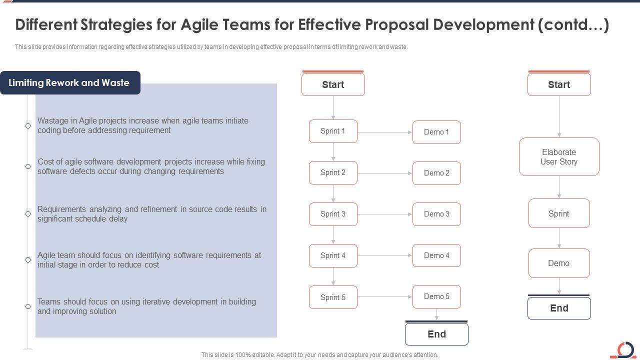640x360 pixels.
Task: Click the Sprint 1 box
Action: [x=333, y=131]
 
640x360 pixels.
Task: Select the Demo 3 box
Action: [x=436, y=214]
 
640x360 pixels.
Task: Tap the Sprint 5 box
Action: [x=333, y=297]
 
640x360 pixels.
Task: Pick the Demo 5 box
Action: [x=436, y=296]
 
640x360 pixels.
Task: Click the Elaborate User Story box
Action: [x=559, y=157]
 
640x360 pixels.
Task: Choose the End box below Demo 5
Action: [x=436, y=334]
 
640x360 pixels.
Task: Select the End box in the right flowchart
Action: [x=559, y=308]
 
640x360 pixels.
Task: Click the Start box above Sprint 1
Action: [x=333, y=84]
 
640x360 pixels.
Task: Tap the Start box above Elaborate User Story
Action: [x=559, y=84]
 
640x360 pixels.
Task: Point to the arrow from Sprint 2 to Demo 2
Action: [x=385, y=173]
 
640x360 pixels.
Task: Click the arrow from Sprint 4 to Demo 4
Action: [x=385, y=255]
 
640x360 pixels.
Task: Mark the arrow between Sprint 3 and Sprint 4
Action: [x=333, y=234]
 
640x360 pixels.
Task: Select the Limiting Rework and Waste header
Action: [x=69, y=83]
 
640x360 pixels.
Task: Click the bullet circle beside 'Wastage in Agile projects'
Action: [x=28, y=125]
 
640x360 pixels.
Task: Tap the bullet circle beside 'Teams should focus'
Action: [x=28, y=306]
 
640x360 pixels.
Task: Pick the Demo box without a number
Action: [x=559, y=263]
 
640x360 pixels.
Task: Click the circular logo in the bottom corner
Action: [x=624, y=349]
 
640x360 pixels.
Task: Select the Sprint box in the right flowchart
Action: [x=559, y=213]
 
